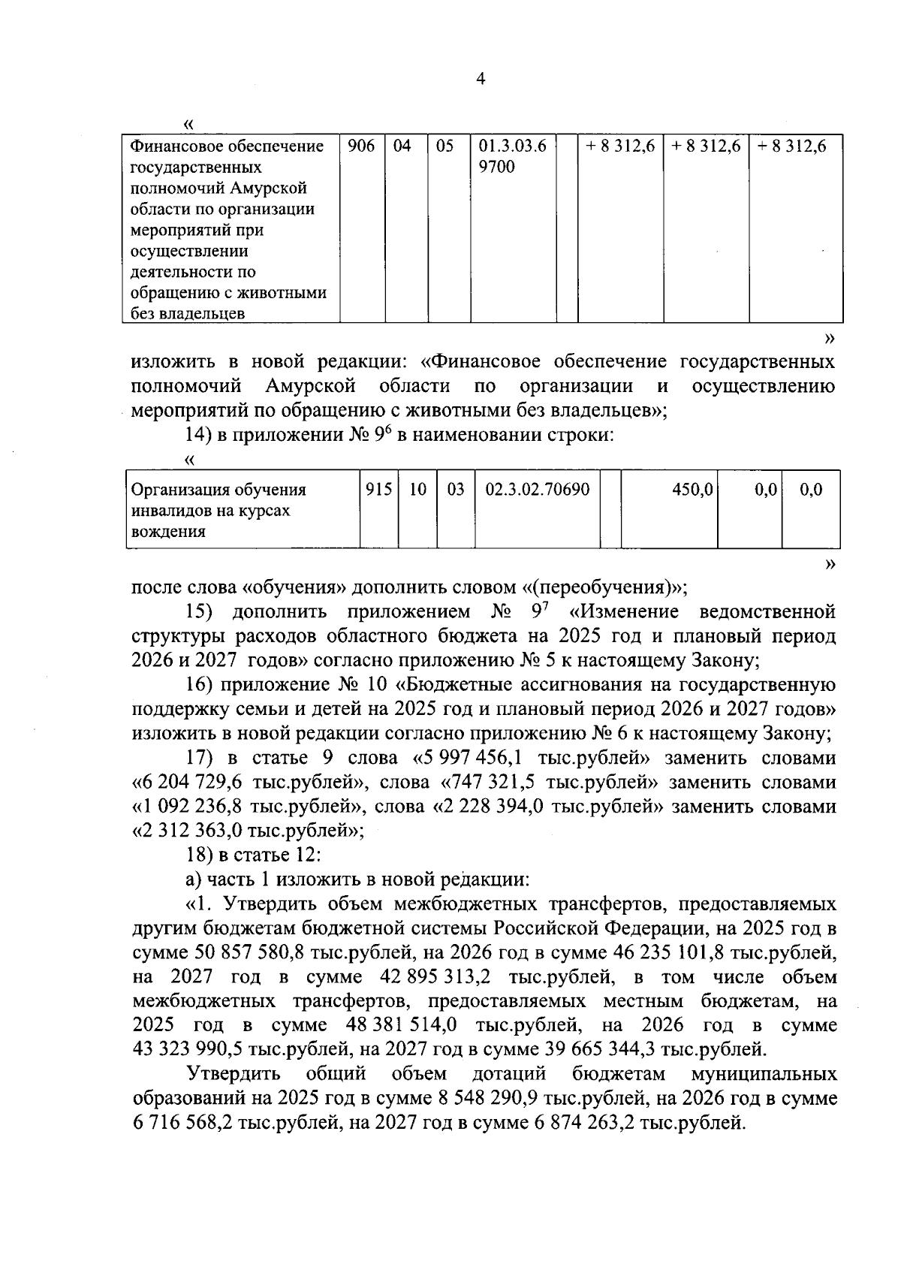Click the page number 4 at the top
481,79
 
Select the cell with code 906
362,146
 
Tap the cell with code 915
378,490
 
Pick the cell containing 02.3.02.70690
538,490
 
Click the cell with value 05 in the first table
445,146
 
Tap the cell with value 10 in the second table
417,490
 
